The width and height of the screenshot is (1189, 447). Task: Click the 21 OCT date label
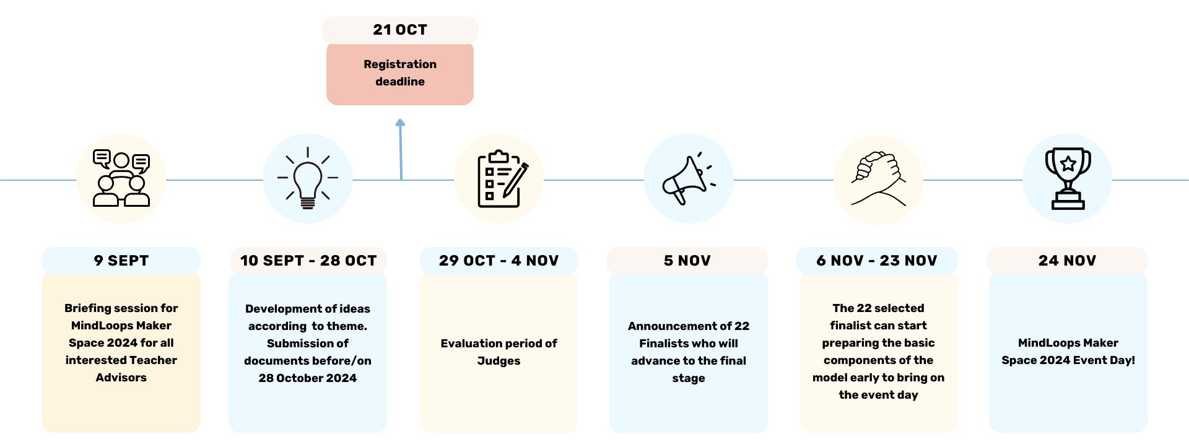point(400,30)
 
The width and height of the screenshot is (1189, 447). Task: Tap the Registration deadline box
point(400,73)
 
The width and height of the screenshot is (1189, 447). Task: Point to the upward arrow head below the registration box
point(400,123)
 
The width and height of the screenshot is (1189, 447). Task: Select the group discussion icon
point(121,178)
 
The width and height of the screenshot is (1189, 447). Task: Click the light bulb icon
point(308,178)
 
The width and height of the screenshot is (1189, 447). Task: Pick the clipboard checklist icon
point(502,178)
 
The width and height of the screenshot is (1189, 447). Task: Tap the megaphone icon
point(689,178)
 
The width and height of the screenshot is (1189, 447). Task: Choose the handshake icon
point(879,179)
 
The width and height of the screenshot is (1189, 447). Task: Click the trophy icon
point(1068,179)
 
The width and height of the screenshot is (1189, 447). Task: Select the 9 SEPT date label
point(121,261)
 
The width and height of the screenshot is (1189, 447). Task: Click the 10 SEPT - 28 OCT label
point(308,261)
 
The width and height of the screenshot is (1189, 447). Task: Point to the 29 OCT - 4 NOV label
point(499,261)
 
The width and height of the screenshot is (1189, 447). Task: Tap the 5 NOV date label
point(687,261)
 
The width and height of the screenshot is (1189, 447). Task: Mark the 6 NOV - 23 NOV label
point(877,261)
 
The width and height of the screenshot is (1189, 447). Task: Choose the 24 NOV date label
point(1068,261)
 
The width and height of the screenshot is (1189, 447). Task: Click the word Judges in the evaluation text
point(499,361)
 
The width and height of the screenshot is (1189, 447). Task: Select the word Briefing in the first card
point(87,308)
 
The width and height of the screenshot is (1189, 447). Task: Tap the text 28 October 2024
point(308,378)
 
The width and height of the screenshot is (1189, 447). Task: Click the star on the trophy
point(1068,164)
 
